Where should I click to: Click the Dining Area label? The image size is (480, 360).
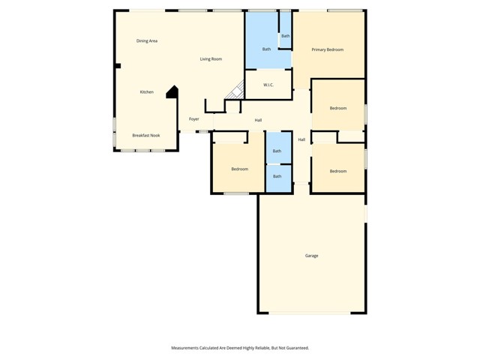click(147, 40)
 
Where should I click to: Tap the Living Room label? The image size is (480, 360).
click(211, 58)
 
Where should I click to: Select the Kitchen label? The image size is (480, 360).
click(147, 91)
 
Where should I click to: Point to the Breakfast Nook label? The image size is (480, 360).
click(146, 135)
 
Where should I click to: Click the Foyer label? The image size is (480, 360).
click(194, 118)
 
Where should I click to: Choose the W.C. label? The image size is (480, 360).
click(268, 85)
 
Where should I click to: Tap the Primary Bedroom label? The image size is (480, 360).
click(328, 49)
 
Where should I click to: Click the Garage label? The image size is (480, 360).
click(311, 256)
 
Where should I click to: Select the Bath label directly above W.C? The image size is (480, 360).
click(266, 49)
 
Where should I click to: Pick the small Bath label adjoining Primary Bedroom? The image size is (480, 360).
click(286, 36)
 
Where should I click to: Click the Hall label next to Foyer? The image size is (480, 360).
click(258, 120)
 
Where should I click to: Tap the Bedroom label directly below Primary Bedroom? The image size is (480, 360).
click(338, 108)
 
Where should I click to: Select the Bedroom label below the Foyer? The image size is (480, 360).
click(239, 169)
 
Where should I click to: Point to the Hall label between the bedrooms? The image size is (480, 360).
click(301, 139)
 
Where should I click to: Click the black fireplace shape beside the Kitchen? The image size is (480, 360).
click(172, 91)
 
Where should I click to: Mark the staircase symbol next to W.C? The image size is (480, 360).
click(237, 91)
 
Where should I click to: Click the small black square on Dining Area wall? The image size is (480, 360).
click(118, 66)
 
